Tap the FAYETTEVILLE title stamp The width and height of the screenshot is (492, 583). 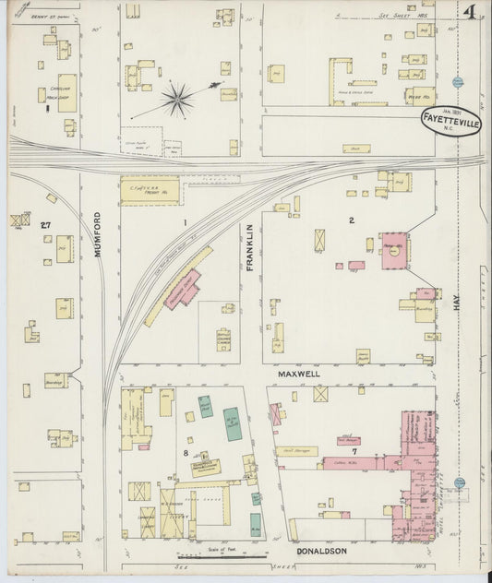coord(450,119)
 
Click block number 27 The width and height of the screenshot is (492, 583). coord(44,223)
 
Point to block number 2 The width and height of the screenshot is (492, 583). coord(352,220)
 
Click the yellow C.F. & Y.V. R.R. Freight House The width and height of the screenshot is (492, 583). coord(150,191)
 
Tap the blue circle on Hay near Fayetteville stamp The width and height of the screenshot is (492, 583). coord(458,83)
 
